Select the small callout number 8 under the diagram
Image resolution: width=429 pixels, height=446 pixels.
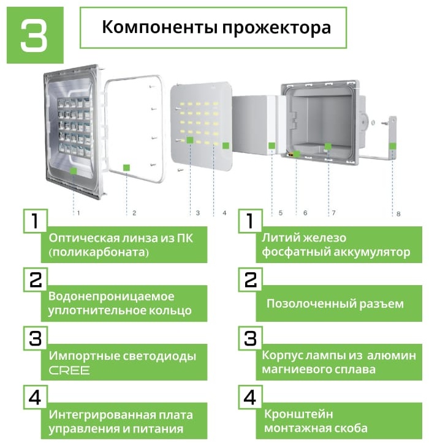(398, 214)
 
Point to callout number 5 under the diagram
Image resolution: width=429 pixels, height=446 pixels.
(281, 213)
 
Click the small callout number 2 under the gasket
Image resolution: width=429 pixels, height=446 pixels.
(134, 213)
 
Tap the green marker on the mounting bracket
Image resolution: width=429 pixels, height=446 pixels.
(393, 146)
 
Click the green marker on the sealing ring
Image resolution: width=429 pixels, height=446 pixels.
(126, 168)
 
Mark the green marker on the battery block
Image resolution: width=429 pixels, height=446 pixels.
(271, 146)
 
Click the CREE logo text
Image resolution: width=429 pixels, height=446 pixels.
(69, 370)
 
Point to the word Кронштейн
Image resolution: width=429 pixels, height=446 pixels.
(298, 414)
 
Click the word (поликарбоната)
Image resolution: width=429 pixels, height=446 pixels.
(99, 252)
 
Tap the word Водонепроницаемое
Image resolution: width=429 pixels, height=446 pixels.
(112, 296)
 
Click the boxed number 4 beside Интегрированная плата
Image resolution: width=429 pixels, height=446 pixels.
(35, 397)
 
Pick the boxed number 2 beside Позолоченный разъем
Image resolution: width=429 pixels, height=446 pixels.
(251, 280)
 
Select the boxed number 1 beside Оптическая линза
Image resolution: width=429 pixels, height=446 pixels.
(35, 221)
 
